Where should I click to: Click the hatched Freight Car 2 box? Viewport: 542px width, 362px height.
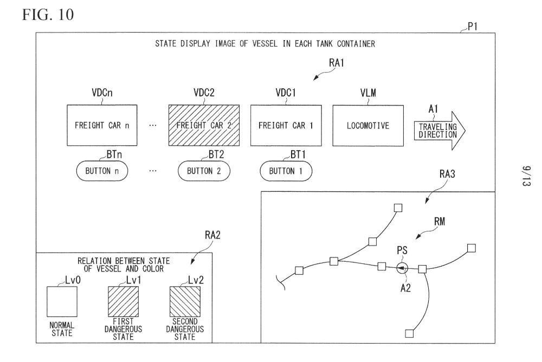tap(204, 125)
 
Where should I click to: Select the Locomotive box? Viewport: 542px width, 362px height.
tap(368, 126)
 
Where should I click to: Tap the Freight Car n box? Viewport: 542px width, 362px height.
tap(102, 125)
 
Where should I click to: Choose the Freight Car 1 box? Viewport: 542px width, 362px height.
tap(286, 126)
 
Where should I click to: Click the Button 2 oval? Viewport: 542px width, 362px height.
tap(204, 171)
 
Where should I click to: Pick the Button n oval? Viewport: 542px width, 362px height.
tap(102, 171)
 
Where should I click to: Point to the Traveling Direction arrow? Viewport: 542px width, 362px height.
tap(440, 131)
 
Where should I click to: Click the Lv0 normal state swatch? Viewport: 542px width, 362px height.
tap(62, 301)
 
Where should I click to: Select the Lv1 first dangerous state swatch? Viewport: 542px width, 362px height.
tap(124, 301)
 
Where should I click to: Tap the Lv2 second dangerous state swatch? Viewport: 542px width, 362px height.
tap(185, 301)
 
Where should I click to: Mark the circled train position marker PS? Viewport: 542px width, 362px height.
tap(402, 268)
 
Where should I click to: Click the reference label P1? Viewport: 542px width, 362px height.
tap(473, 27)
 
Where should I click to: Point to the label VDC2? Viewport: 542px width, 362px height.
tap(204, 93)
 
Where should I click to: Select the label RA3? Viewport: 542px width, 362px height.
tap(447, 174)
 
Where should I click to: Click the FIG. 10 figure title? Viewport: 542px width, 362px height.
tap(48, 15)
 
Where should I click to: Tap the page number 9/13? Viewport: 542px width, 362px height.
tap(526, 176)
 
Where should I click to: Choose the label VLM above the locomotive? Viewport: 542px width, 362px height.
tap(368, 93)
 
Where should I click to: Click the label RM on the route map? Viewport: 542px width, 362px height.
tap(440, 221)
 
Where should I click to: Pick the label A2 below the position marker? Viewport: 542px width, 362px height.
tap(405, 288)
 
